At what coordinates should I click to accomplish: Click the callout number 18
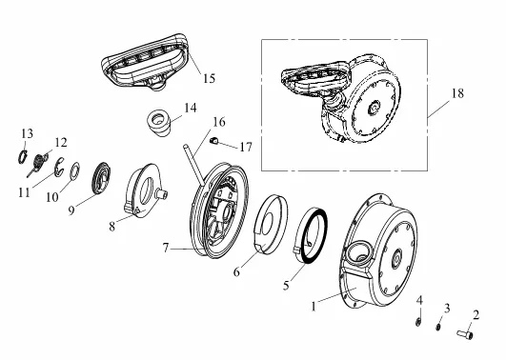pyautogui.click(x=457, y=93)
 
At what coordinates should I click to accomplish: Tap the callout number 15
pyautogui.click(x=209, y=78)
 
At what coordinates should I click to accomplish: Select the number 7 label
pyautogui.click(x=166, y=248)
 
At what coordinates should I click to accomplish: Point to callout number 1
pyautogui.click(x=314, y=306)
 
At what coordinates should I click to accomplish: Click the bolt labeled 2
pyautogui.click(x=465, y=334)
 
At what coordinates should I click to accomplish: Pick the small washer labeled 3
pyautogui.click(x=438, y=327)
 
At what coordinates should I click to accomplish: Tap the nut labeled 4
pyautogui.click(x=418, y=321)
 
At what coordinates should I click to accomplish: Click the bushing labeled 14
pyautogui.click(x=159, y=123)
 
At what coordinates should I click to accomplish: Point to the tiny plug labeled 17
pyautogui.click(x=214, y=141)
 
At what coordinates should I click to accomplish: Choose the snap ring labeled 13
pyautogui.click(x=22, y=157)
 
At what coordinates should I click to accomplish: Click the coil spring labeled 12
pyautogui.click(x=38, y=163)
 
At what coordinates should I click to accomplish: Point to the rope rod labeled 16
pyautogui.click(x=193, y=165)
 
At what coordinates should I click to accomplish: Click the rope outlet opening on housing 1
pyautogui.click(x=358, y=250)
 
